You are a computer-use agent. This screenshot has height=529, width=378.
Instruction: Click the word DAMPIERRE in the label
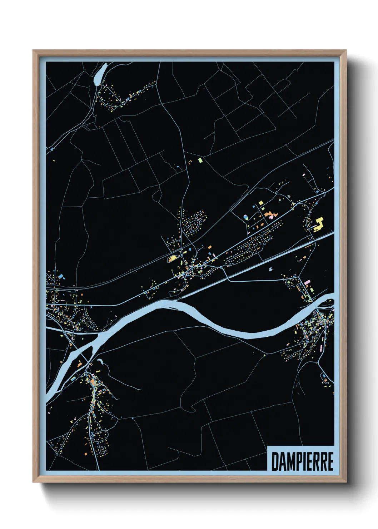point(302,461)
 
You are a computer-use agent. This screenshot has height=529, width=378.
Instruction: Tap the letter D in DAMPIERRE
point(275,461)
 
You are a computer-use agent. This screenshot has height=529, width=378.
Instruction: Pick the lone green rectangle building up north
point(200,160)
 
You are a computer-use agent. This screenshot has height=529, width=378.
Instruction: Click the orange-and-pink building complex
point(270,215)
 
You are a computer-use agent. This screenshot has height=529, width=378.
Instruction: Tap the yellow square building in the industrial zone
point(261,203)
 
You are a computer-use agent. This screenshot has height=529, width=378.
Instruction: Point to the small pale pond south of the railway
point(271,269)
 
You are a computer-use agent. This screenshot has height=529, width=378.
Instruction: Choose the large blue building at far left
point(61,276)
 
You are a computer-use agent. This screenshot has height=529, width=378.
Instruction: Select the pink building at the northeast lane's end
point(304,175)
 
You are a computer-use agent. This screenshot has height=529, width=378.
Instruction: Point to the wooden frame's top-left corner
point(34,51)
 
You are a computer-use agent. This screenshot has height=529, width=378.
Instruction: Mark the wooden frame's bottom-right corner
point(346,482)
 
